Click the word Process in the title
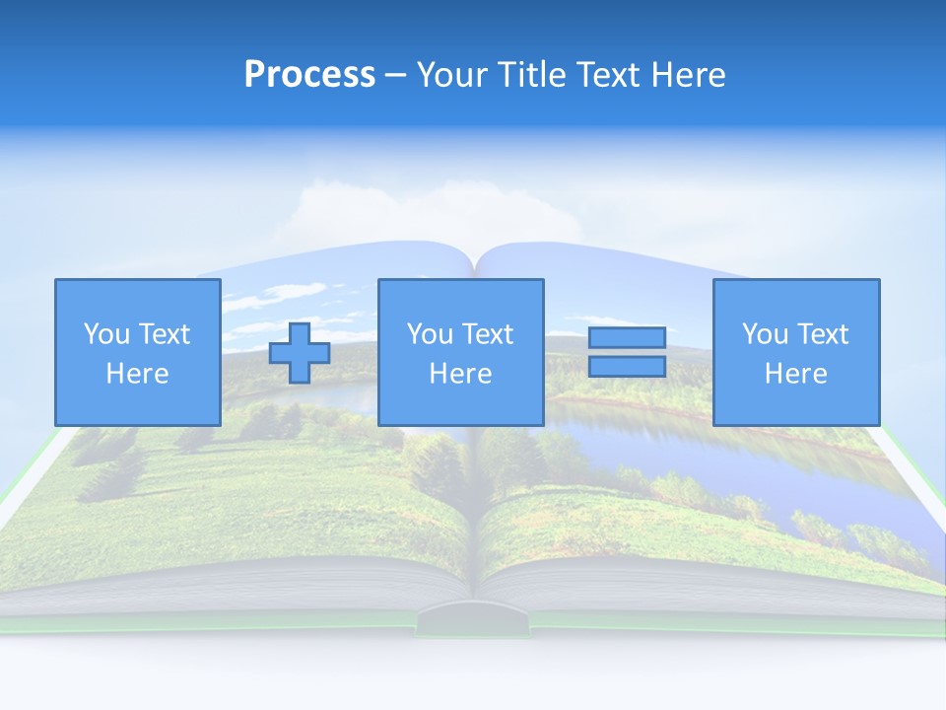[309, 75]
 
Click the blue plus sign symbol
[300, 353]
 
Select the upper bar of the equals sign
[627, 337]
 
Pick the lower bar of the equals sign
[627, 367]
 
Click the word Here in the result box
[795, 374]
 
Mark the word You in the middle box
[430, 334]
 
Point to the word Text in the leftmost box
[164, 334]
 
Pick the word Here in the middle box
[460, 374]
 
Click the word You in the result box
[765, 334]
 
